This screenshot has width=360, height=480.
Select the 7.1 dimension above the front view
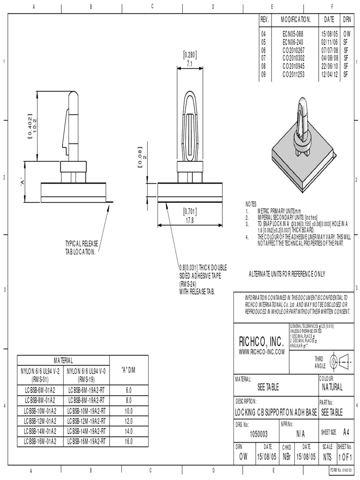click(x=189, y=63)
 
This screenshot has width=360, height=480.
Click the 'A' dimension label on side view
click(x=22, y=181)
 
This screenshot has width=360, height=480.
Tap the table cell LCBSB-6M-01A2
click(x=39, y=390)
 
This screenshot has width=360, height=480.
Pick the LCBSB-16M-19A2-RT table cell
click(x=87, y=441)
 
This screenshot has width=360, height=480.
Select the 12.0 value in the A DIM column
click(x=129, y=420)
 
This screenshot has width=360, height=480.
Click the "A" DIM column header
click(x=128, y=368)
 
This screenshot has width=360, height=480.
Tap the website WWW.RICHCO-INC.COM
click(x=262, y=352)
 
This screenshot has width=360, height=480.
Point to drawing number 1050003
click(x=259, y=434)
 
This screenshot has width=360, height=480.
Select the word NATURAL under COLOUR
click(x=332, y=387)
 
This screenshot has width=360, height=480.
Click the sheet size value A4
click(x=346, y=431)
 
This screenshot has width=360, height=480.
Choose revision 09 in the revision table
click(x=263, y=74)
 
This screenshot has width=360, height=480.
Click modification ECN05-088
click(x=293, y=34)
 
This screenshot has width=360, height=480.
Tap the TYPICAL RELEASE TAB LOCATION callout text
click(x=82, y=248)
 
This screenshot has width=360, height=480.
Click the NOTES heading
click(x=251, y=204)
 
